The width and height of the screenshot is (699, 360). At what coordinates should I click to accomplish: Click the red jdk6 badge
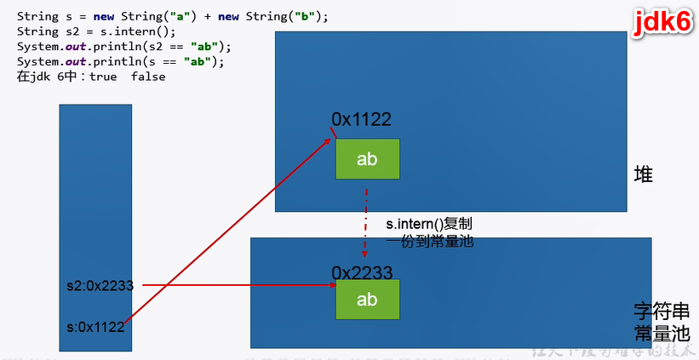coord(661,23)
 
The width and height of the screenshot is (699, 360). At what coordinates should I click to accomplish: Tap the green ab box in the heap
coord(367,158)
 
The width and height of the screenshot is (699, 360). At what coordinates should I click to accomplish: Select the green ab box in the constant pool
coord(367,300)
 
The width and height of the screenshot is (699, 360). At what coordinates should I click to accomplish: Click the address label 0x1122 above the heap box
coord(362,120)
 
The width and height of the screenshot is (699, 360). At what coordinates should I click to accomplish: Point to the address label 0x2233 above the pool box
coord(362,272)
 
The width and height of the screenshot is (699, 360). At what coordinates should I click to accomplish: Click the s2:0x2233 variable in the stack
coord(100,286)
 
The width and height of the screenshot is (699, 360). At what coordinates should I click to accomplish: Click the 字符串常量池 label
coord(655,321)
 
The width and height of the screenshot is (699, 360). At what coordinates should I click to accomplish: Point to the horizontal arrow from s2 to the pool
coord(238,286)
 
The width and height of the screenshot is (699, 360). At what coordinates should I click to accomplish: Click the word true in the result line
coord(104,76)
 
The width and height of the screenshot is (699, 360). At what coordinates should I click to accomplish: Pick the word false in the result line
coord(148,76)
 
